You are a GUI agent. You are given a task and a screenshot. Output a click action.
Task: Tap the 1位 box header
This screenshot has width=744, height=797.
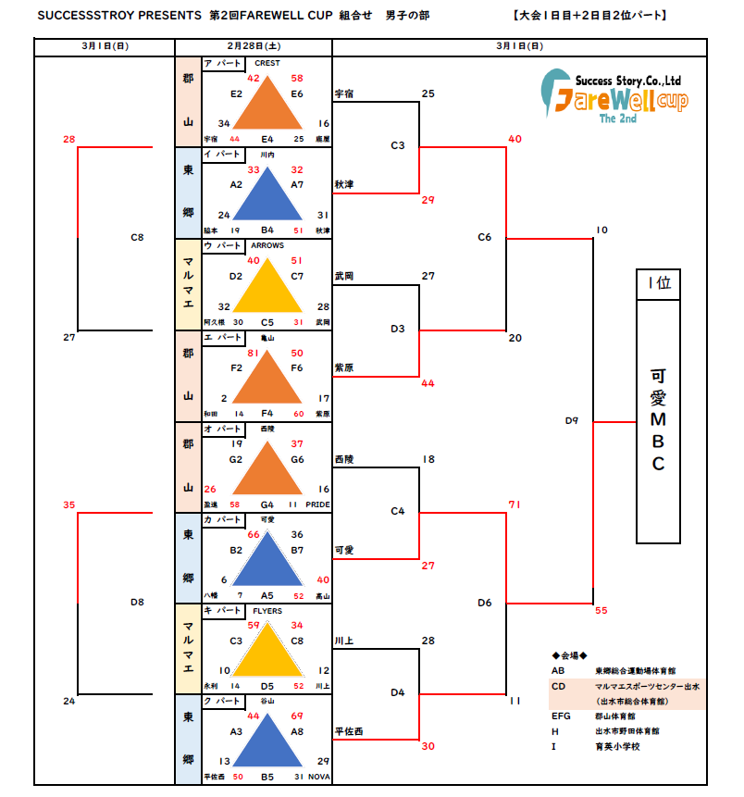coord(658,284)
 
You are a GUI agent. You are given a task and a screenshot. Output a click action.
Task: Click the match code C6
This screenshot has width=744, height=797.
coord(485,238)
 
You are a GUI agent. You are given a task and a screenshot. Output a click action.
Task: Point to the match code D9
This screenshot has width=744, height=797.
coord(572,421)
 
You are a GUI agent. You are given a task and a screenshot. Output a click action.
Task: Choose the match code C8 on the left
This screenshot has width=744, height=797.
coord(137,238)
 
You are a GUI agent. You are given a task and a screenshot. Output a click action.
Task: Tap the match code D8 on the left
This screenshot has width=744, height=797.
coord(137,603)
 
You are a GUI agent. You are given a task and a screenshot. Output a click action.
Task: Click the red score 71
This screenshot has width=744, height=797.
coord(515,504)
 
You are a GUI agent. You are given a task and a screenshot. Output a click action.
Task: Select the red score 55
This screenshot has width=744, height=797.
coord(601,611)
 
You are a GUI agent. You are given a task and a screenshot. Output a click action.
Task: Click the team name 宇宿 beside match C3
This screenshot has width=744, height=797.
coord(344,94)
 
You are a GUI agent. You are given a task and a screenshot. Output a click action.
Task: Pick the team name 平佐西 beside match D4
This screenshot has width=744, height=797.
coord(348,732)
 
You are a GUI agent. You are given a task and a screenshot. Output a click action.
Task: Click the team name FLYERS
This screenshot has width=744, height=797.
coord(267,611)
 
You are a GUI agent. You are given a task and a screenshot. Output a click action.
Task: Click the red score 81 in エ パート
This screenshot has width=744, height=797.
coord(253,353)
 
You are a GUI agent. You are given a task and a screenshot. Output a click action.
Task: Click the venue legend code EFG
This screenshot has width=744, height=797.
coord(562,716)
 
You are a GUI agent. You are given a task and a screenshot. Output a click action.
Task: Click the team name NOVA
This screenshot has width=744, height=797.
coord(318,776)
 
